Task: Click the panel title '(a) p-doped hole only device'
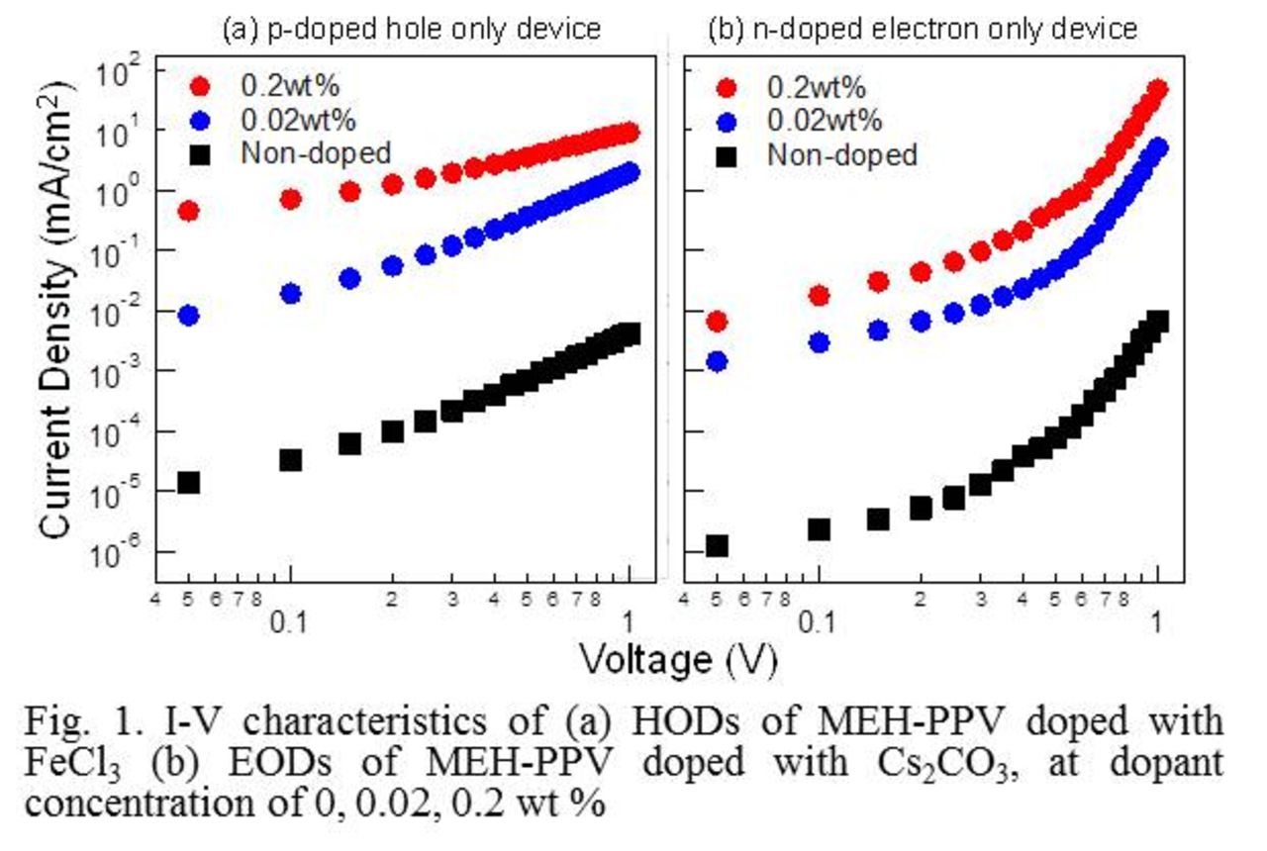click(410, 29)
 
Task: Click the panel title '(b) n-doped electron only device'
click(923, 29)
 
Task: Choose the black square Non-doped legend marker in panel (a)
click(200, 153)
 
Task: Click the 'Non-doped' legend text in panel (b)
click(842, 154)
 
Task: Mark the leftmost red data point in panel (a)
click(188, 211)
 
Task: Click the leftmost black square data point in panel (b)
click(717, 546)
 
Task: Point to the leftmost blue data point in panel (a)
click(188, 316)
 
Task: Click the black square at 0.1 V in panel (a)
click(290, 460)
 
